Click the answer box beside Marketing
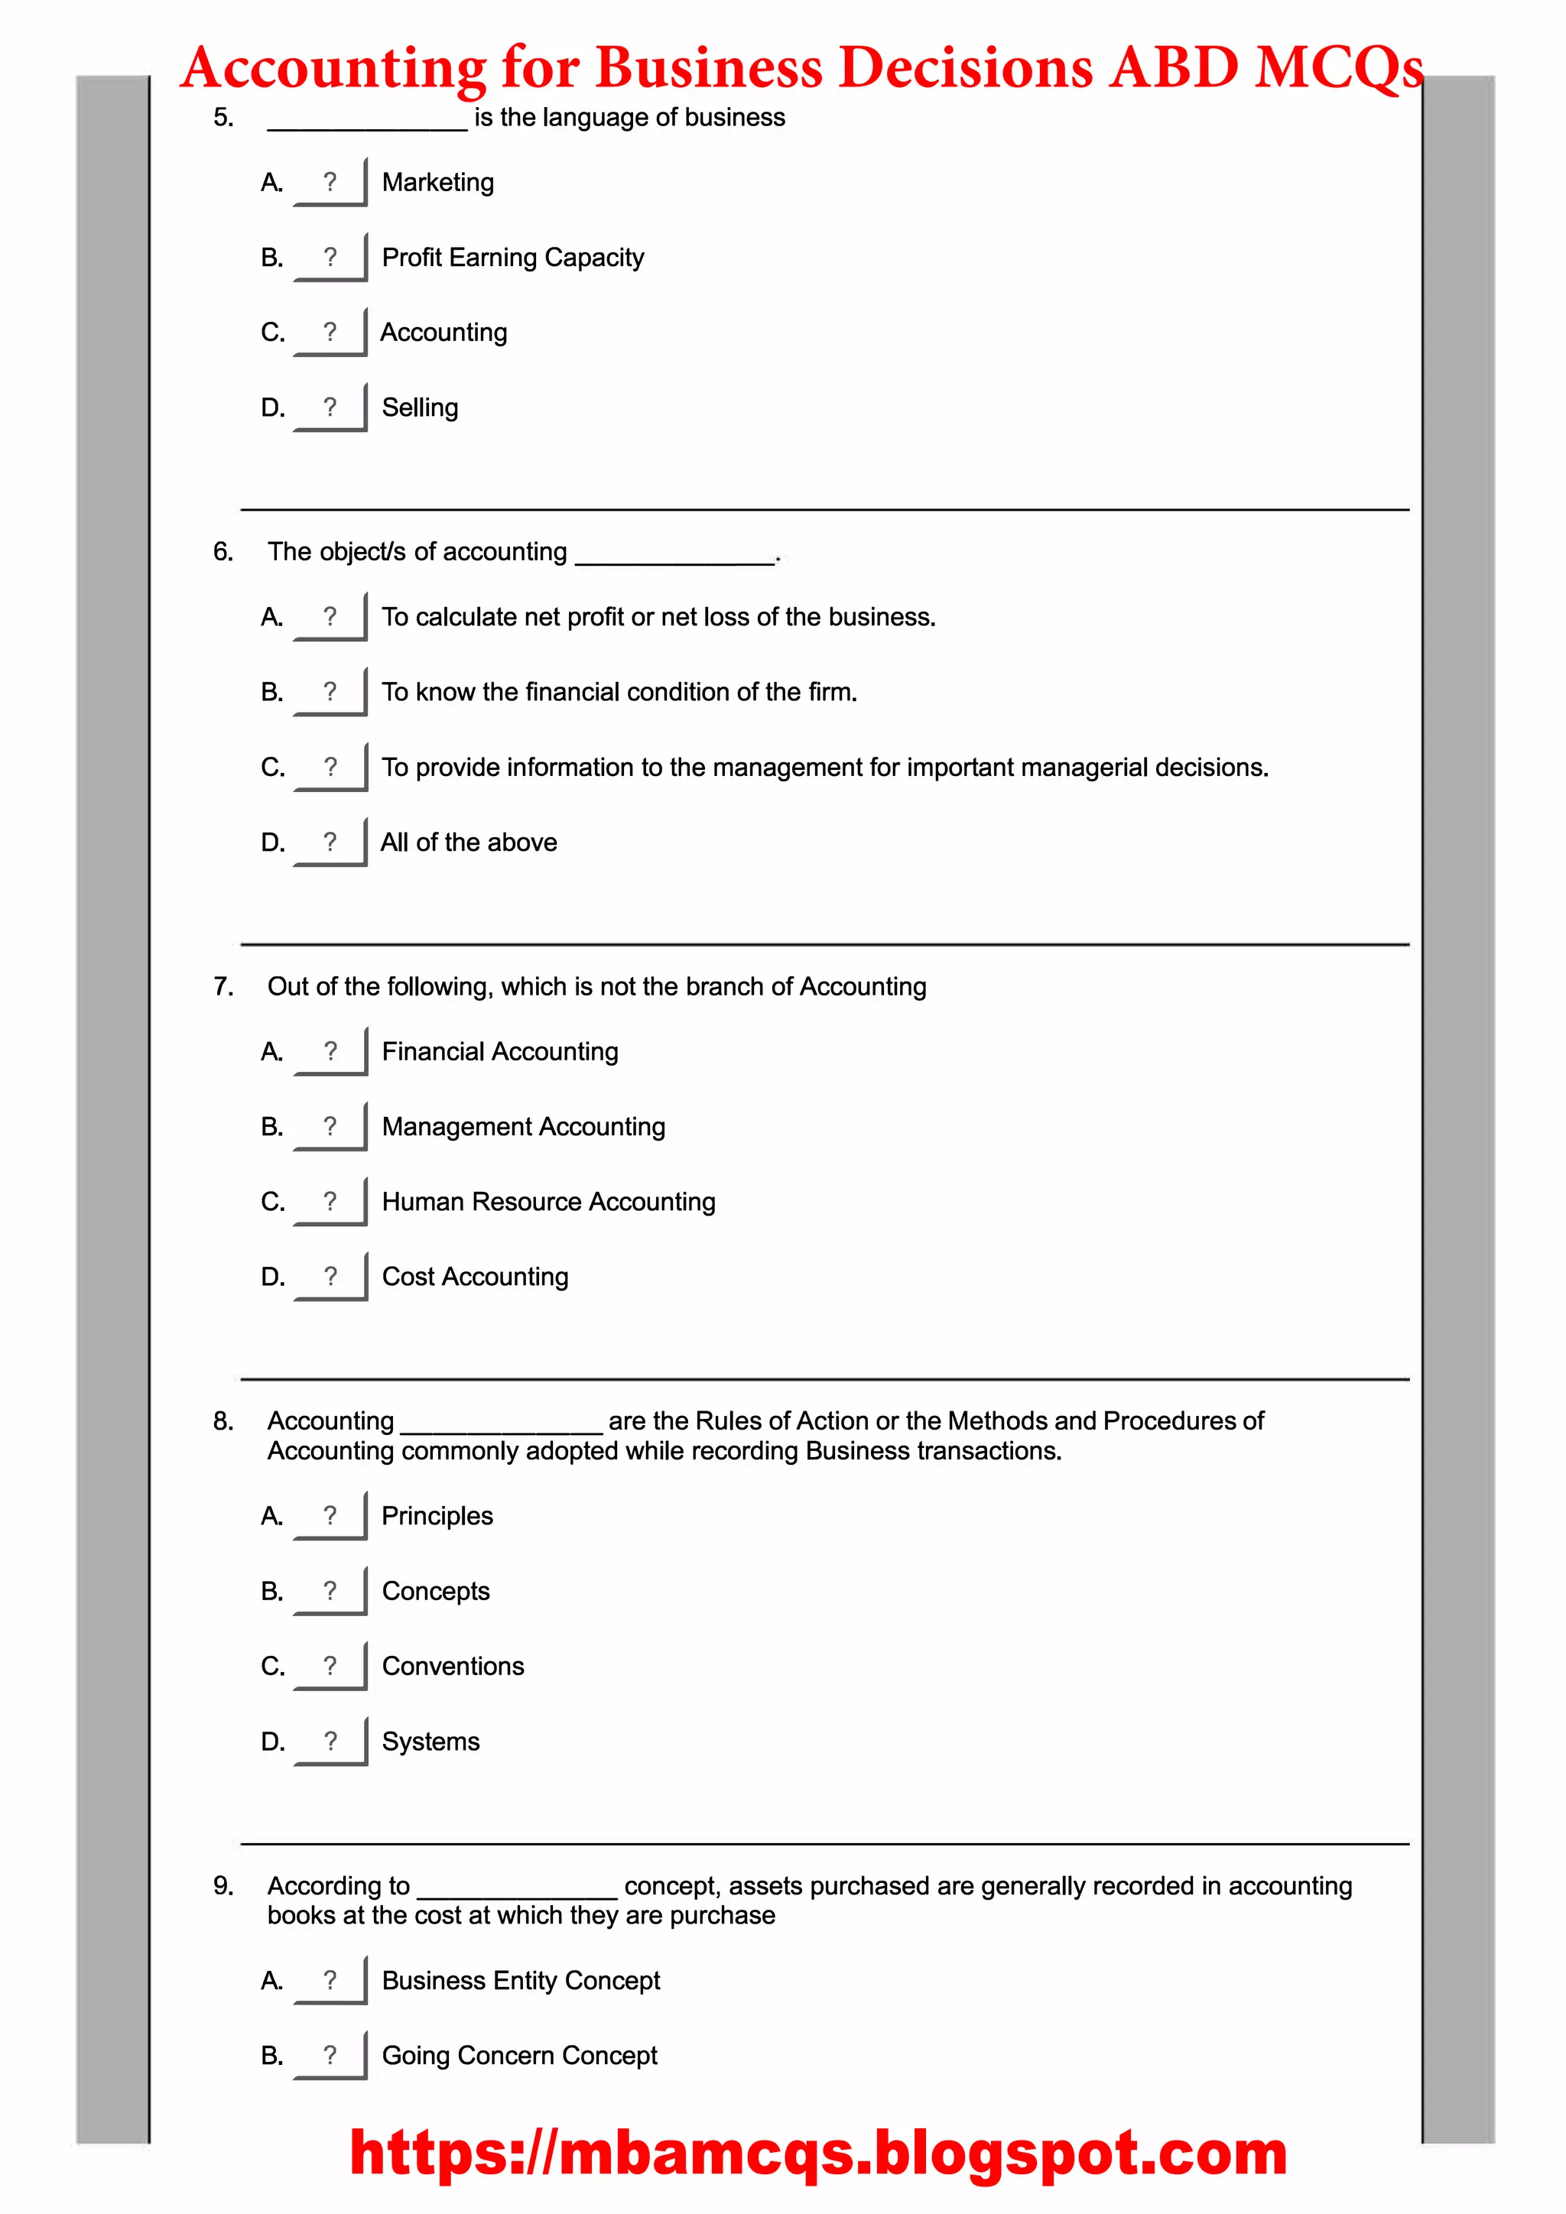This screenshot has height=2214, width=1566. [330, 182]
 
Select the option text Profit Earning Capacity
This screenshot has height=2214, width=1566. [512, 258]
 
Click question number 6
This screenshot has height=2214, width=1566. [223, 551]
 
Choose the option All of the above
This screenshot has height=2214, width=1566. [469, 842]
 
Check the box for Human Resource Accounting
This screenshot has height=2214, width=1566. [330, 1202]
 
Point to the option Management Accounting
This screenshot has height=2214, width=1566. [523, 1126]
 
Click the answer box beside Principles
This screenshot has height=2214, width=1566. [330, 1516]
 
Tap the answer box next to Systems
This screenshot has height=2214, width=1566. [330, 1742]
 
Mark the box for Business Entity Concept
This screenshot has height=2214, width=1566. [330, 1981]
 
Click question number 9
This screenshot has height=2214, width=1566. [223, 1886]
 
